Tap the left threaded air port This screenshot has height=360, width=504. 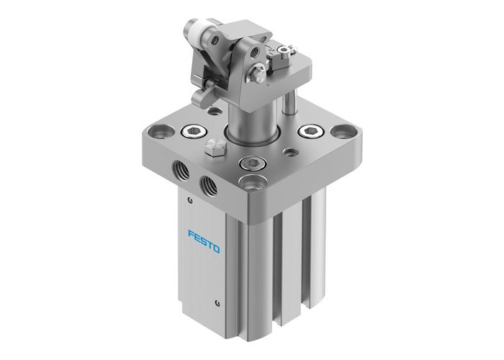(x=179, y=171)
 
